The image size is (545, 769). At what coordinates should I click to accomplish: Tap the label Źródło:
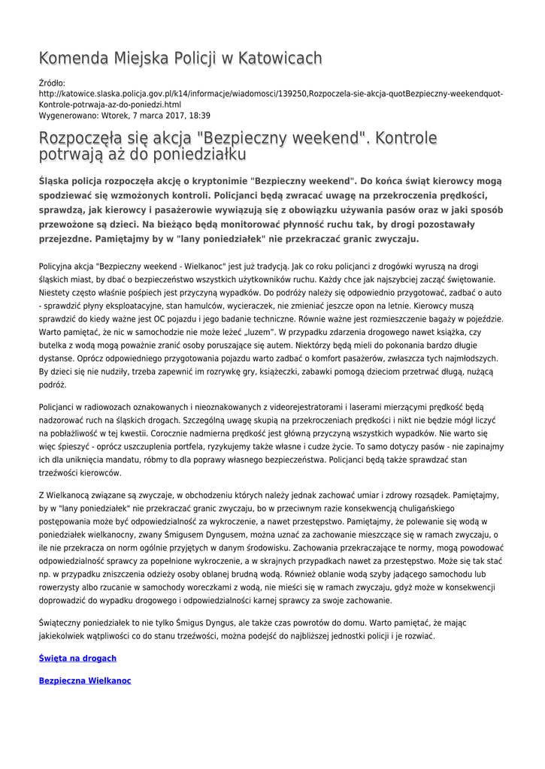53,83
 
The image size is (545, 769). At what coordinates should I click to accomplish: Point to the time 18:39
198,116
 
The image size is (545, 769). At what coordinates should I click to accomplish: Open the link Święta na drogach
77,658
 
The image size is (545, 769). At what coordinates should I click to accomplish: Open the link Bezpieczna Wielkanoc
85,680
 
